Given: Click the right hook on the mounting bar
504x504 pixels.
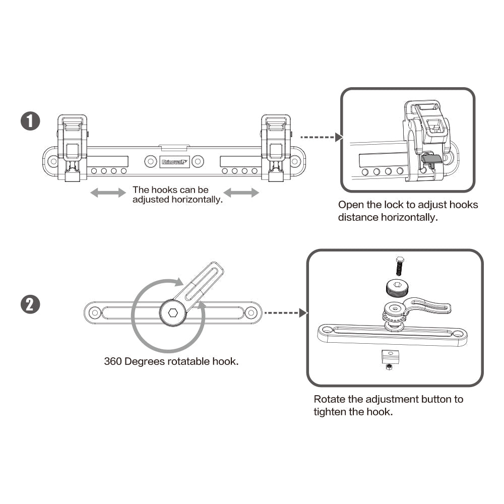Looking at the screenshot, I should pyautogui.click(x=275, y=146).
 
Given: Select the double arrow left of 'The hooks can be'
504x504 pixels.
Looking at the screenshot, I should pyautogui.click(x=107, y=193).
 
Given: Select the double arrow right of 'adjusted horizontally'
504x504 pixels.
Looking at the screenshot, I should pyautogui.click(x=241, y=193).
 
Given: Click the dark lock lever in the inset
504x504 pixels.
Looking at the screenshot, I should pyautogui.click(x=429, y=159).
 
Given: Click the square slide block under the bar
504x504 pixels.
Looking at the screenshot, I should pyautogui.click(x=389, y=357).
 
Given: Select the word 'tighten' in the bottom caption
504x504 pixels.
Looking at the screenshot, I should pyautogui.click(x=331, y=411).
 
